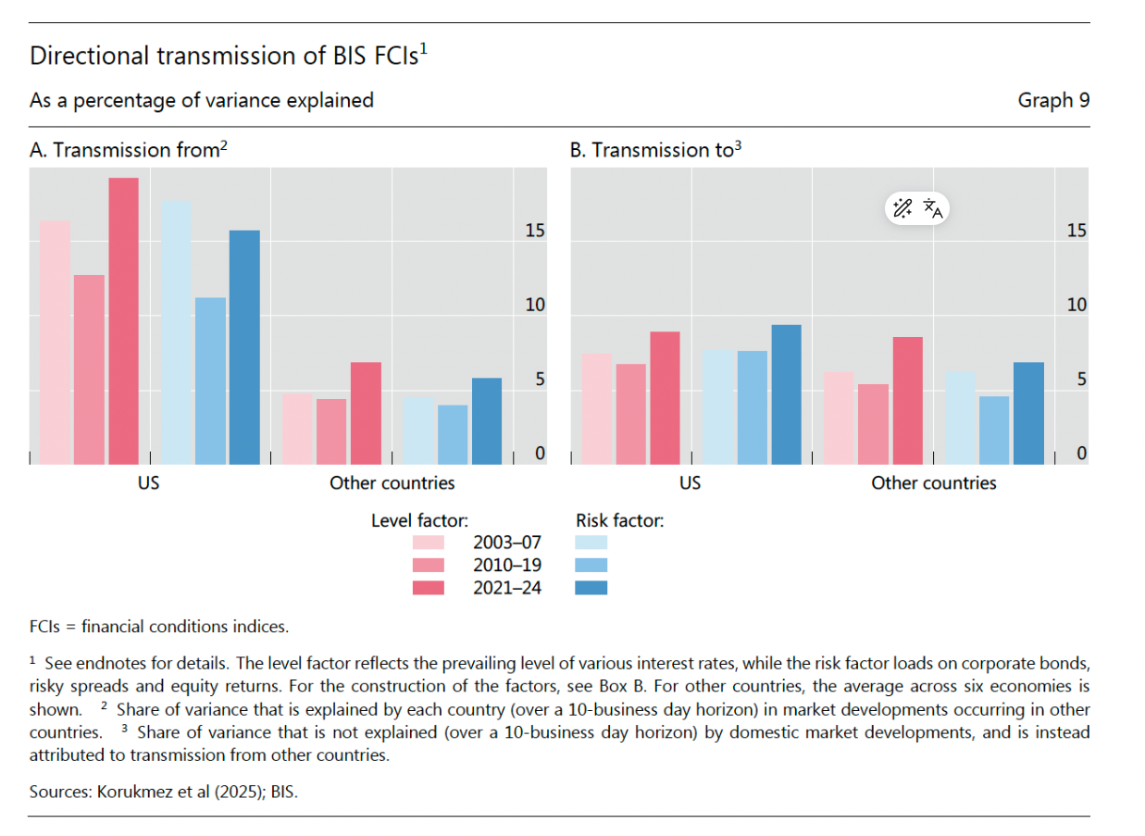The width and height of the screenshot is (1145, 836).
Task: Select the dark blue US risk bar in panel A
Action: pyautogui.click(x=244, y=346)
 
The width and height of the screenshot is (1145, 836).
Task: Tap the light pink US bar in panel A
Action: pyautogui.click(x=55, y=342)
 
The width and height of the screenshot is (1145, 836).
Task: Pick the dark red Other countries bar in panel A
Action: pyautogui.click(x=366, y=413)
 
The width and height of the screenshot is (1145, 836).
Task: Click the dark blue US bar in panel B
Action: pyautogui.click(x=786, y=394)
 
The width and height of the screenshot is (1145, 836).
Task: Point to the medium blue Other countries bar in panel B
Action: pyautogui.click(x=995, y=430)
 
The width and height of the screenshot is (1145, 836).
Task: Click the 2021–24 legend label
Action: pyautogui.click(x=507, y=587)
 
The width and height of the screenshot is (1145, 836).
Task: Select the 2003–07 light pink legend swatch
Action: pyautogui.click(x=428, y=543)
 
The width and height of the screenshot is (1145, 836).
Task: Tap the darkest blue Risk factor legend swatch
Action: pyautogui.click(x=591, y=587)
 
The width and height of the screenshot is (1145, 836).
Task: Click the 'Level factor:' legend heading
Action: pyautogui.click(x=419, y=521)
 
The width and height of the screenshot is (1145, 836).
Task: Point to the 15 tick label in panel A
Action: pyautogui.click(x=535, y=231)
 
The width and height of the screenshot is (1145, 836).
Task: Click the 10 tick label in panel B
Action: pyautogui.click(x=1077, y=306)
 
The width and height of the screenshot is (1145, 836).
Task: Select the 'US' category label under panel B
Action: pyautogui.click(x=690, y=483)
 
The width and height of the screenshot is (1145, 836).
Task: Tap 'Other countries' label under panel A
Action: pyautogui.click(x=392, y=483)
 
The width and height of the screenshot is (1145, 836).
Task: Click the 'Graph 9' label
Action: pyautogui.click(x=1053, y=100)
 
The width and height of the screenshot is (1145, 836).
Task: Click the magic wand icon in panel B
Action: pyautogui.click(x=902, y=208)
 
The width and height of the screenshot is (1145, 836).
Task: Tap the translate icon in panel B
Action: pyautogui.click(x=933, y=208)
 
